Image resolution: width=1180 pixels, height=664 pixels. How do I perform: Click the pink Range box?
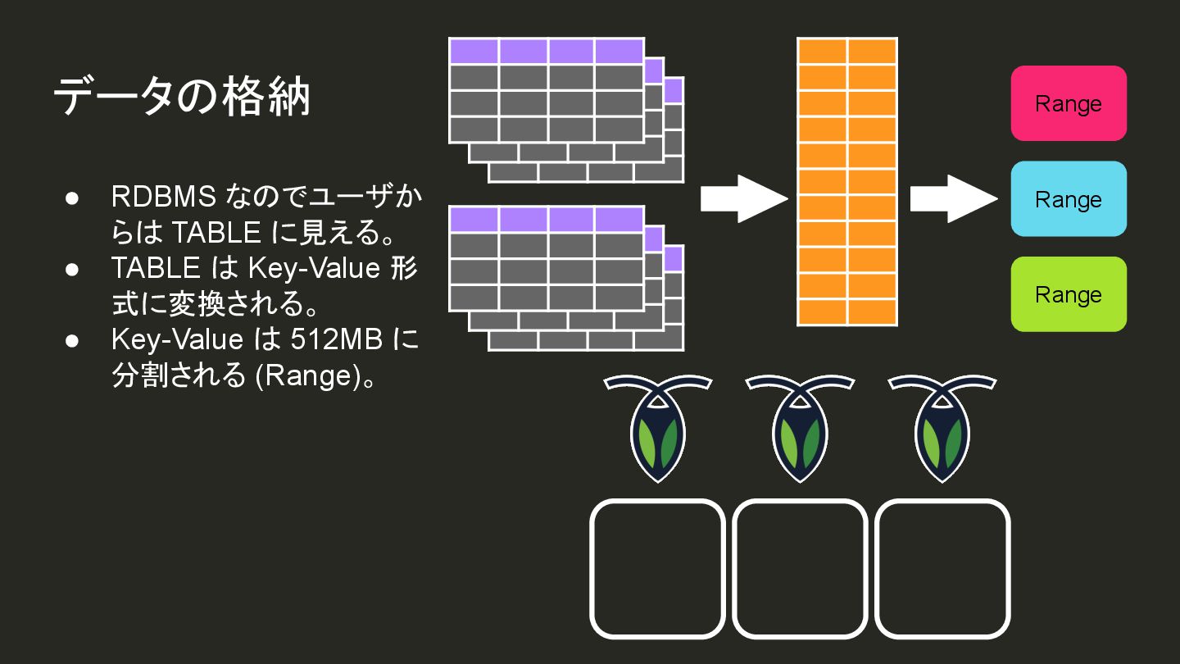(x=1069, y=103)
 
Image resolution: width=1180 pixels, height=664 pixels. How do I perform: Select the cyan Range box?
(x=1069, y=199)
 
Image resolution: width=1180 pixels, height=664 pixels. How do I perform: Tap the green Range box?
(x=1069, y=294)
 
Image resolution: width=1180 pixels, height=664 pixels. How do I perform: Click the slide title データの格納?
(x=182, y=98)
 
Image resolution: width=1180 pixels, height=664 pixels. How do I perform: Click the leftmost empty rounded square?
(x=657, y=569)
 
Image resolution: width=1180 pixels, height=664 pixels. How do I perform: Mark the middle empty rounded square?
(x=800, y=569)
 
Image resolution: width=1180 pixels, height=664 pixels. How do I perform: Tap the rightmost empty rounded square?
(x=942, y=569)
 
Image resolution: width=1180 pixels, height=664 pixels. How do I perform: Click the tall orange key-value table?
(x=847, y=182)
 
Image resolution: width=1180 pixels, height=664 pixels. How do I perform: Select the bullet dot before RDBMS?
(x=72, y=198)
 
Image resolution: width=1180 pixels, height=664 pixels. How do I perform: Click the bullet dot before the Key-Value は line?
(x=72, y=340)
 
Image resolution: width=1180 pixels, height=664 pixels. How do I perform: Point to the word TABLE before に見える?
(x=216, y=234)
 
